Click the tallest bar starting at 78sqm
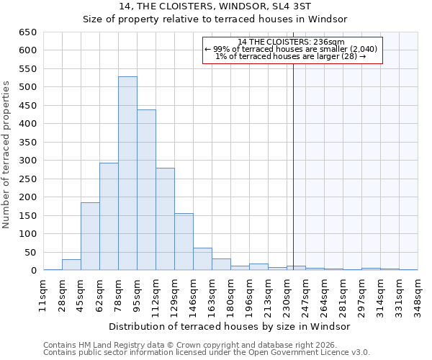pos(127,174)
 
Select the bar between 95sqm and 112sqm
pos(146,190)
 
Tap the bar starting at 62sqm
pos(109,217)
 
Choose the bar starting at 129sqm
pos(184,242)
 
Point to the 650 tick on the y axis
pos(28,32)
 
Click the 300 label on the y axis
pos(28,161)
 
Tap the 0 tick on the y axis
pos(33,271)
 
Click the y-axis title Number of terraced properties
pos(7,155)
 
